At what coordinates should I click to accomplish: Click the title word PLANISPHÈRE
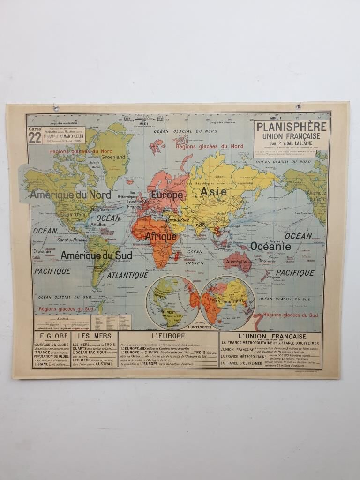coord(291,127)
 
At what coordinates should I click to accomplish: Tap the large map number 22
coord(35,137)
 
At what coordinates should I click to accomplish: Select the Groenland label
coord(113,157)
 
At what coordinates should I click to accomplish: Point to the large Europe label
coord(166,195)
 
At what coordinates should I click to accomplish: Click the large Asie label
coord(213,191)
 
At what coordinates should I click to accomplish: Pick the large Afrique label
coord(160,236)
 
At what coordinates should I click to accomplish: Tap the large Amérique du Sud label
coord(96,255)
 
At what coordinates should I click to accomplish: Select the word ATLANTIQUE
coord(127,275)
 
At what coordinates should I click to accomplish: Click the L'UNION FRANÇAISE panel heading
coord(272,336)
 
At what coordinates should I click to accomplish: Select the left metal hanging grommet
coord(56,108)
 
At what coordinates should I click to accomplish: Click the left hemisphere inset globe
coord(172,302)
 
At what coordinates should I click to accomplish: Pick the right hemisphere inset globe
coord(227,302)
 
